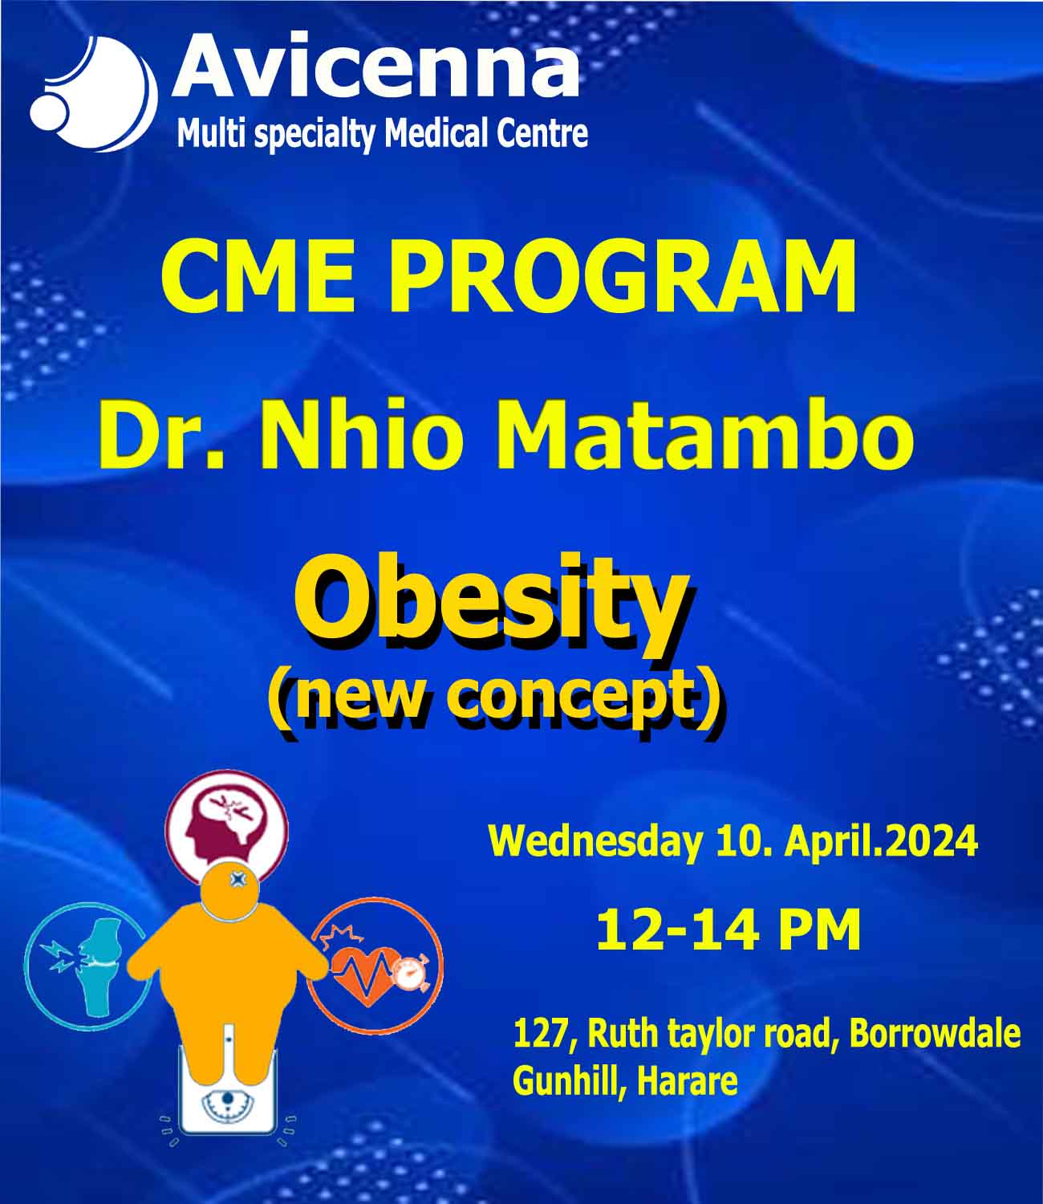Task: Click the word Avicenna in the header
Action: tap(375, 66)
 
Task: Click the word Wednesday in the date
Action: tap(595, 842)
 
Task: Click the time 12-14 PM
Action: tap(728, 930)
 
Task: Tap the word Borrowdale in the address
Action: tap(935, 1033)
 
